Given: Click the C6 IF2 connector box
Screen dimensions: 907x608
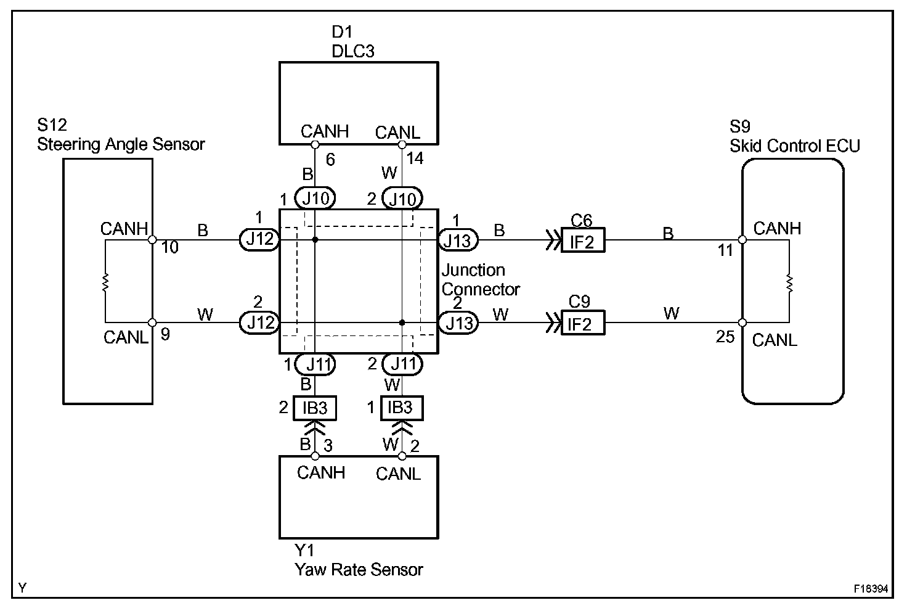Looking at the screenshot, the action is [583, 240].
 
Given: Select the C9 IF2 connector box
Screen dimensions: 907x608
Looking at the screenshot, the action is [583, 322].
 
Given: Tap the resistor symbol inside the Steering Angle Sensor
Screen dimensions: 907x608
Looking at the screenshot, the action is [105, 282].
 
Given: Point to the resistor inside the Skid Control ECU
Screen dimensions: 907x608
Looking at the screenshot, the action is [789, 283].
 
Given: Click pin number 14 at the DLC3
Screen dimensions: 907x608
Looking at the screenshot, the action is [415, 158].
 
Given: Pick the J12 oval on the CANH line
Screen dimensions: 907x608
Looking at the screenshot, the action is [259, 239].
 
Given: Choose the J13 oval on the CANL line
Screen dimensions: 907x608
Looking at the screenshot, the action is [458, 323].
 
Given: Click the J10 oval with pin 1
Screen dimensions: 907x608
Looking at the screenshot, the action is [315, 198].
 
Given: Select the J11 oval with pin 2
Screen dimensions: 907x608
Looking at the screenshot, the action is [402, 364].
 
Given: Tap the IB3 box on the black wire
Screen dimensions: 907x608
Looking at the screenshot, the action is [315, 408].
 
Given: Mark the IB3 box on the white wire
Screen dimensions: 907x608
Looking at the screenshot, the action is [402, 408].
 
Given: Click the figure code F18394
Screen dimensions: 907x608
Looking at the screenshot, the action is [871, 588].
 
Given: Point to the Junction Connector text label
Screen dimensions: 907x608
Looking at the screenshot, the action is [481, 280].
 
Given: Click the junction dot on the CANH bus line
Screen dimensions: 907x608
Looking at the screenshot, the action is [315, 240].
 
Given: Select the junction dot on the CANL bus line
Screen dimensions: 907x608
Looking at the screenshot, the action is [402, 322].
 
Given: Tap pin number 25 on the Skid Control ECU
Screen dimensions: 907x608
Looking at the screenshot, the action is [725, 337].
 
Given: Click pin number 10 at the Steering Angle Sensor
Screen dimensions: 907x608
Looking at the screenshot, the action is [169, 247].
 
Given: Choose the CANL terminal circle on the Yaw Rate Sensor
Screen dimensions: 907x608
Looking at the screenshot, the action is [402, 456].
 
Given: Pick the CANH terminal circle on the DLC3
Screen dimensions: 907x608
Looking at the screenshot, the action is [315, 145].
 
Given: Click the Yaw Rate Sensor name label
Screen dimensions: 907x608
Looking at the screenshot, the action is [359, 570].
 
